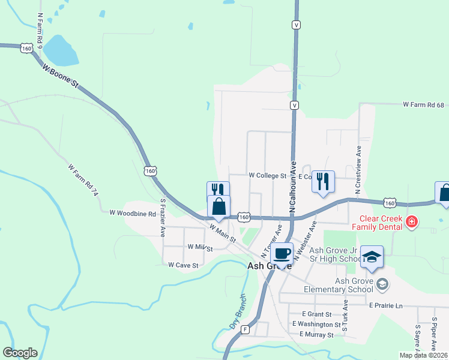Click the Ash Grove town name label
pos(270,265)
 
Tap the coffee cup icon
pos(282,253)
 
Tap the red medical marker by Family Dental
pos(411,222)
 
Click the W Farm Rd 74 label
pos(82,180)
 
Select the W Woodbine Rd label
pos(133,213)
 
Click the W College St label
pos(268,176)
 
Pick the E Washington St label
pos(316,324)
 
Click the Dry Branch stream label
pos(238,312)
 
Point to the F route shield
pos(245,329)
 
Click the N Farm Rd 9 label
pos(40,31)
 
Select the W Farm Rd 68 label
pos(423,104)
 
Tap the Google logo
pos(20,353)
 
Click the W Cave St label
pos(183,265)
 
